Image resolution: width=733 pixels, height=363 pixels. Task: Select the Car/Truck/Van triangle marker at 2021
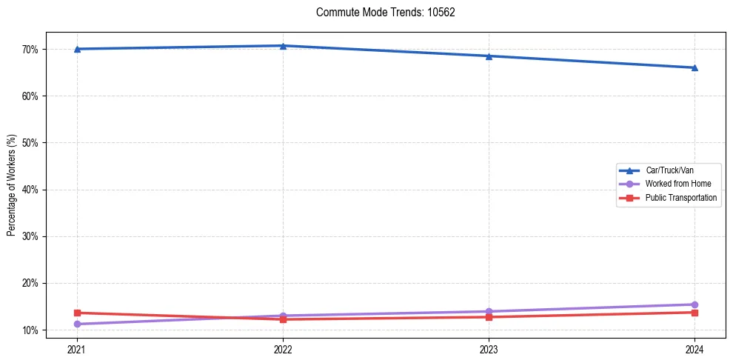[x=77, y=49]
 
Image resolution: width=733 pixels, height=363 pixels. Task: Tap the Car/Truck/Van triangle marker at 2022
[x=283, y=46]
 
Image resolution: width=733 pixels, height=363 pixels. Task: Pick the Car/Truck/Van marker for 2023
[x=489, y=56]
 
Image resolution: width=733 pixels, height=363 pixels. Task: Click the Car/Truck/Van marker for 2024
[x=694, y=68]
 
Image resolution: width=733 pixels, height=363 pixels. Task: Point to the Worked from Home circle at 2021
[x=77, y=324]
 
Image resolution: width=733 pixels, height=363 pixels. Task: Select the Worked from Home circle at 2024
[x=694, y=304]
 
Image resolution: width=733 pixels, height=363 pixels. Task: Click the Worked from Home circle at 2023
[x=489, y=311]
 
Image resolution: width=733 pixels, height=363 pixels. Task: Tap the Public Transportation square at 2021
[x=77, y=313]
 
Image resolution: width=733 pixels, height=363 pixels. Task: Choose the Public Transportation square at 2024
[x=694, y=313]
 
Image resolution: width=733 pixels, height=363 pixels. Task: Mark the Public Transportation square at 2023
[x=489, y=317]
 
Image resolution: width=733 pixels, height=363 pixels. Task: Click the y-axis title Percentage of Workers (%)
[x=12, y=185]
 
